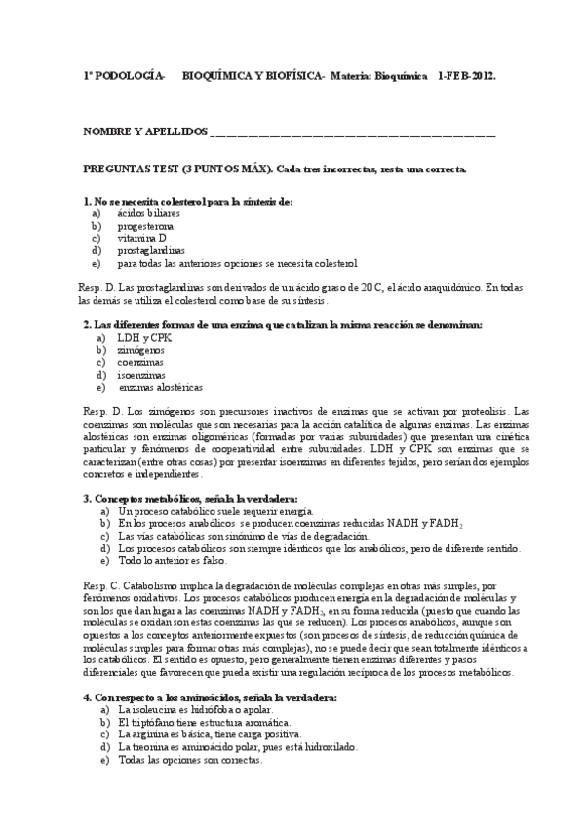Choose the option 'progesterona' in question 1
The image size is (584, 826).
point(146,225)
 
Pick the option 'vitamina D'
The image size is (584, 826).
point(141,238)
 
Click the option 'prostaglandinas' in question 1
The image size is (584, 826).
point(151,250)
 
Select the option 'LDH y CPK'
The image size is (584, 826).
point(142,336)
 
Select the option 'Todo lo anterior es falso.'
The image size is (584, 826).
point(172,561)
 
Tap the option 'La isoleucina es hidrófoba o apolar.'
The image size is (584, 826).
point(195,710)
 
